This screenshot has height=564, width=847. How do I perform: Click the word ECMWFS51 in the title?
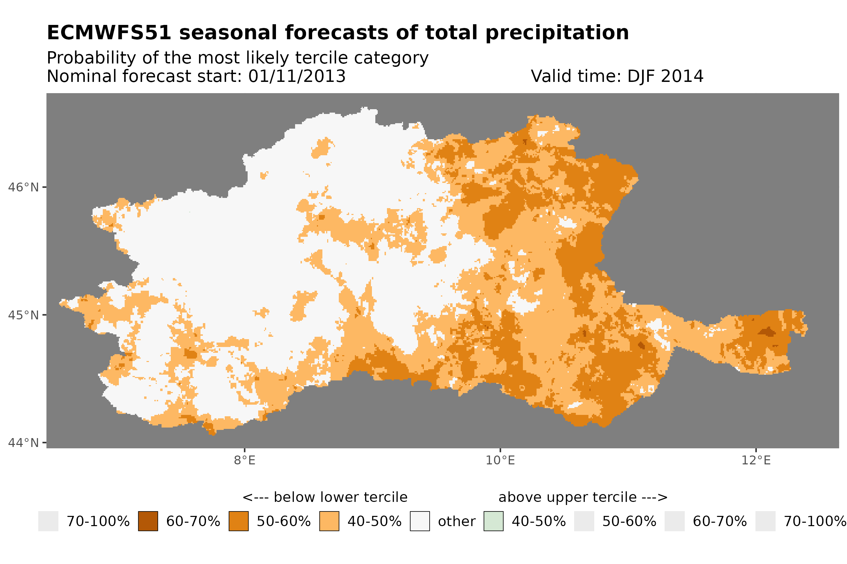109,33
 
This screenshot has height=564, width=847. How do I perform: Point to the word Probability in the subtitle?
92,58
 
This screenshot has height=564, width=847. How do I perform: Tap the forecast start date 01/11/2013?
296,76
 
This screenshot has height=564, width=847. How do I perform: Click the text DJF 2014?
665,76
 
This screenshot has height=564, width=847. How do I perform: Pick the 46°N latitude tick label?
23,187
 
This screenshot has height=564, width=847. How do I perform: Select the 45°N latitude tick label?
23,315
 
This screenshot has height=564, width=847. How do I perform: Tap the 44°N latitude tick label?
23,443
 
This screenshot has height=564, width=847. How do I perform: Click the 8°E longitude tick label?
245,460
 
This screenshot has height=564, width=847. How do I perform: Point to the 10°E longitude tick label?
500,460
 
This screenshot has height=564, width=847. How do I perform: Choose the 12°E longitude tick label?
755,460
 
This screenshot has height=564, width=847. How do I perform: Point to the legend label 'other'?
456,522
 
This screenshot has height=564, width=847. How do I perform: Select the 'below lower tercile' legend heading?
325,497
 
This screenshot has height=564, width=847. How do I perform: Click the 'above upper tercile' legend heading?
583,497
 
